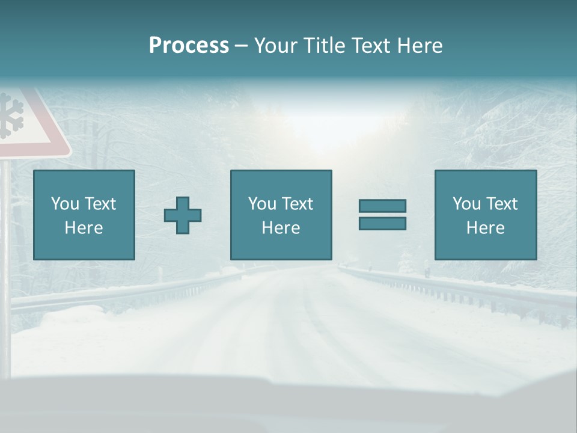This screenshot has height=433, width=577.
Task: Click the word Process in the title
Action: (189, 46)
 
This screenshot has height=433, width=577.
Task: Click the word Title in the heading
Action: (325, 46)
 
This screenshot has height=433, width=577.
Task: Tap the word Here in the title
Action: (420, 46)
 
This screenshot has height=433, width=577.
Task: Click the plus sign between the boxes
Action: (183, 215)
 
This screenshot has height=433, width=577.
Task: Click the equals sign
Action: (382, 215)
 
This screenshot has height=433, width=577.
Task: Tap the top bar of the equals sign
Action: (382, 206)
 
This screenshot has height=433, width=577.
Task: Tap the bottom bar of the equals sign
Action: (382, 223)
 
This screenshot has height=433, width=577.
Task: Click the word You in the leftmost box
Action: (64, 204)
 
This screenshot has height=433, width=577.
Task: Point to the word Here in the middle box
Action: (281, 228)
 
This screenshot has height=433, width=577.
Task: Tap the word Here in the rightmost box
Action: (486, 228)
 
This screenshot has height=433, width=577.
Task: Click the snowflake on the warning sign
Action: (11, 115)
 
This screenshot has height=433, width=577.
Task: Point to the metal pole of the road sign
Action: (5, 253)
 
